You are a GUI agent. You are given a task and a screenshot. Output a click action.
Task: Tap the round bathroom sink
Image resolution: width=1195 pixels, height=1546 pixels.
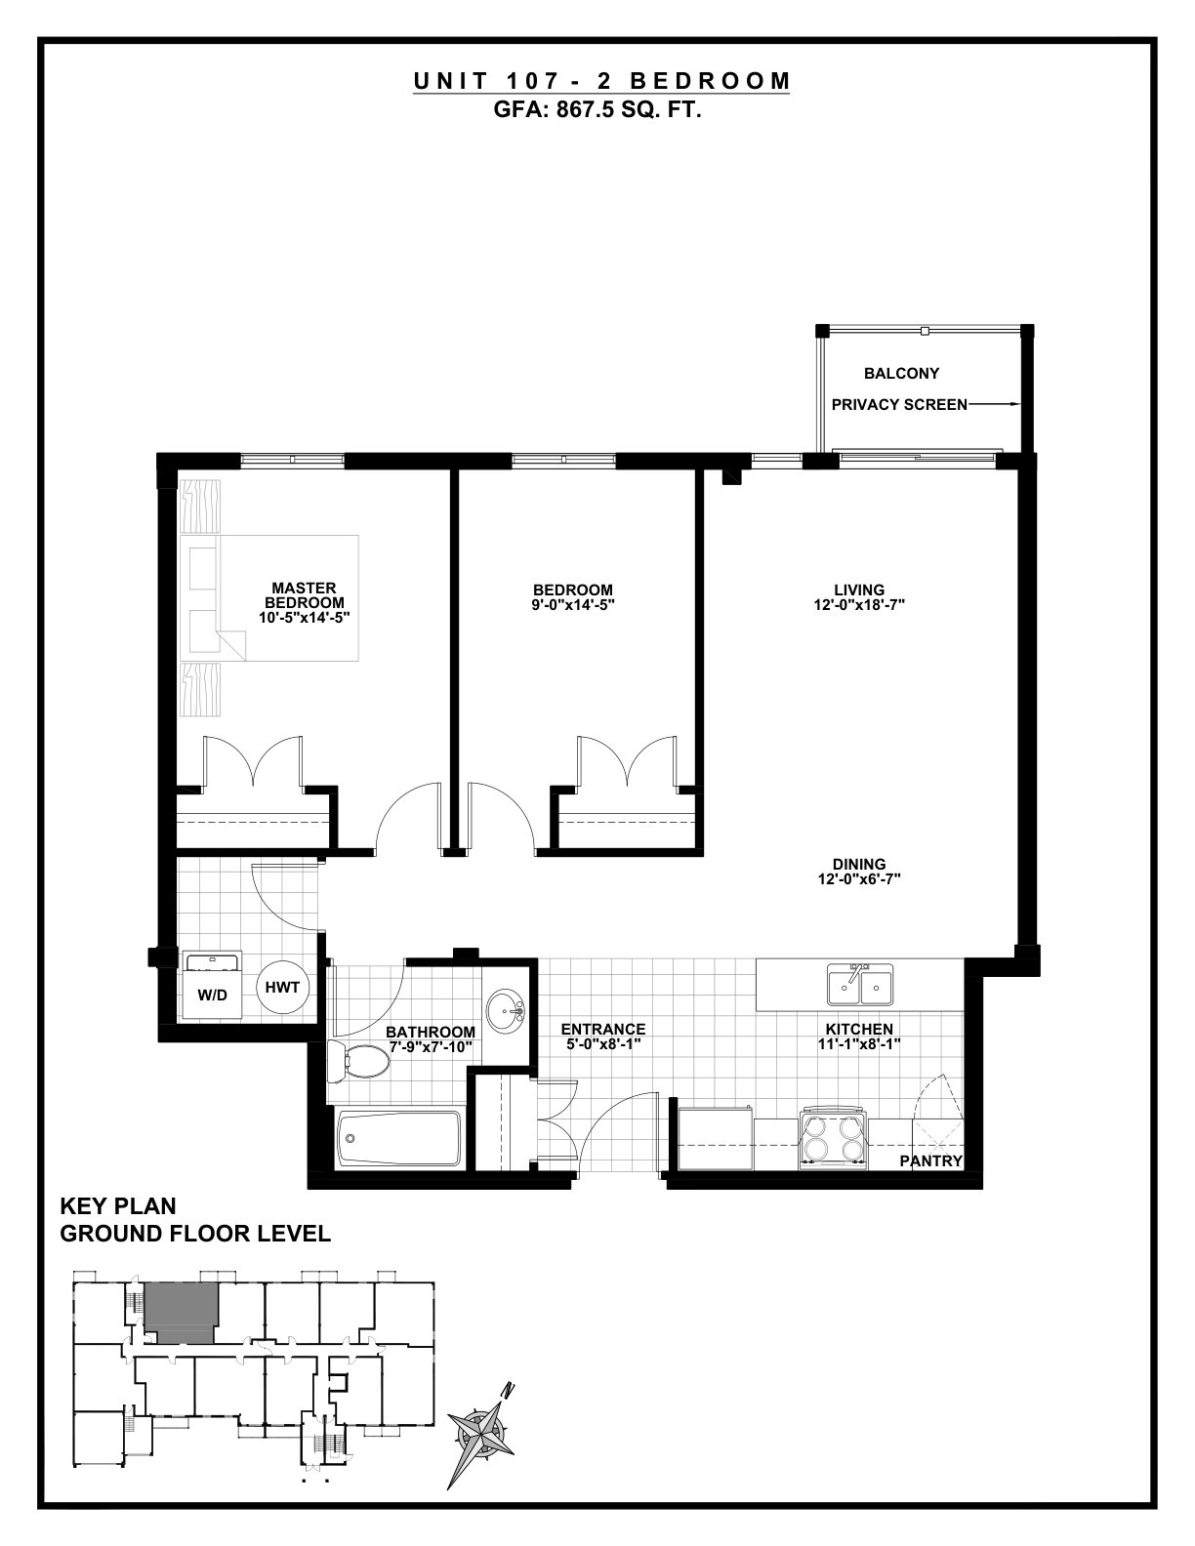tap(506, 1009)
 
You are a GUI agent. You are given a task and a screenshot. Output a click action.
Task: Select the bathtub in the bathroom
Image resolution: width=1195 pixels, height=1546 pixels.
tap(398, 1137)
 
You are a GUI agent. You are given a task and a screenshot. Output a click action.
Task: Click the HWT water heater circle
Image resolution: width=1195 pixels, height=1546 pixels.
tap(282, 988)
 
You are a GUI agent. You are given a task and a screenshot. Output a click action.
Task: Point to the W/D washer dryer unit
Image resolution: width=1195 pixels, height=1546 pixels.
tap(212, 985)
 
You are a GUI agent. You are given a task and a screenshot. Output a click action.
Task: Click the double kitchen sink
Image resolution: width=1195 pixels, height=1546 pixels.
tap(860, 984)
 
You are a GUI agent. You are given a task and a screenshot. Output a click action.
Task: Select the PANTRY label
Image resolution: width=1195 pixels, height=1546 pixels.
tap(930, 1160)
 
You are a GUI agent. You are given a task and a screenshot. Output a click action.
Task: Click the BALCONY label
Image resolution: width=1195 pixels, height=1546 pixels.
tap(901, 373)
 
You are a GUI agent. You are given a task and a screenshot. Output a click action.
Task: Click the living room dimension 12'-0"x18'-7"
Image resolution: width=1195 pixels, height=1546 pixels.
tap(859, 605)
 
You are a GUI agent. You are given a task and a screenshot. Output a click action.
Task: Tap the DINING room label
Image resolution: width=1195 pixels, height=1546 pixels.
tap(859, 864)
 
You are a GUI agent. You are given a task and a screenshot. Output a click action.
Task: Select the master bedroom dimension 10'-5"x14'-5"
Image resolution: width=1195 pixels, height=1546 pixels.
tap(304, 617)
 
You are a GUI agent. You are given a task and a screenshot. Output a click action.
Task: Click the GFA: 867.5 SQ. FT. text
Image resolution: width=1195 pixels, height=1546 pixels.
tap(597, 110)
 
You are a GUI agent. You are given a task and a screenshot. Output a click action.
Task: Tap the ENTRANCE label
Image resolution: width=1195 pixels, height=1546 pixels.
tap(602, 1029)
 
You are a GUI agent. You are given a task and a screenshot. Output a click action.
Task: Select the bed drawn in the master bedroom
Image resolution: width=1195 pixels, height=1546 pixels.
tap(268, 597)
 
